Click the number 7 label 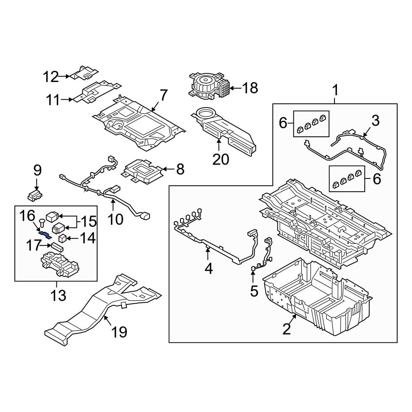164,96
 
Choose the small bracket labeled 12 84,73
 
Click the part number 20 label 220,159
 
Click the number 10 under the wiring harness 115,219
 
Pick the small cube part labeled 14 63,238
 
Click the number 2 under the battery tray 287,329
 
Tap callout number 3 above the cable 375,121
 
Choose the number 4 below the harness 208,269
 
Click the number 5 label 254,290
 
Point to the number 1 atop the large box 335,90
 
